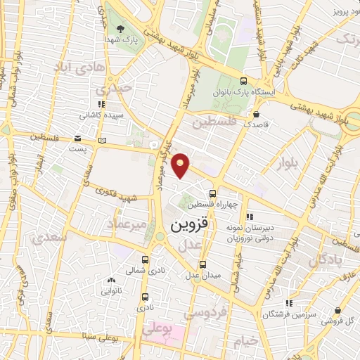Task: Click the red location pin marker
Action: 182,166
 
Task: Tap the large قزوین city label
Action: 189,226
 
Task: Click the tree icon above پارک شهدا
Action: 121,30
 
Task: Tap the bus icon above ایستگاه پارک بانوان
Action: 243,80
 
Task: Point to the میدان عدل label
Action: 202,274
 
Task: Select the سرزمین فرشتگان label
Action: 286,314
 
